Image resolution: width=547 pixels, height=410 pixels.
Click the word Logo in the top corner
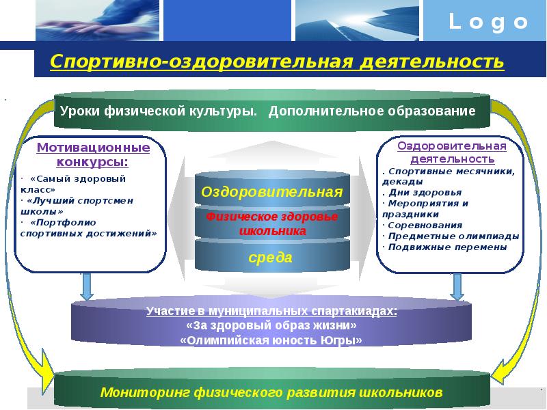488,23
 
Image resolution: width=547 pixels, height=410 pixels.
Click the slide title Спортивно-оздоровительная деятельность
277,62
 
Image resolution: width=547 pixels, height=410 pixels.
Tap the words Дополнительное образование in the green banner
372,111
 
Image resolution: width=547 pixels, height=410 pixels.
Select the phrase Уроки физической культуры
159,111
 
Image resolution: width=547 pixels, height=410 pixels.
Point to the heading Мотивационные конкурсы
93,154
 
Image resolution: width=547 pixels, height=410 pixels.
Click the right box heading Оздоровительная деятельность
452,151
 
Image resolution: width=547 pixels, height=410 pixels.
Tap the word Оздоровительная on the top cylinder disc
271,192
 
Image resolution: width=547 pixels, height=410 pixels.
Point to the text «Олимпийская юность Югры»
271,340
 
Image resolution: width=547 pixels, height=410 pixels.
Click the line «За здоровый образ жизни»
271,325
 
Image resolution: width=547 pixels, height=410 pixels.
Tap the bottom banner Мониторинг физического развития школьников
271,392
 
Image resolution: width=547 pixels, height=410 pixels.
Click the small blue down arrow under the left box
86,288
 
